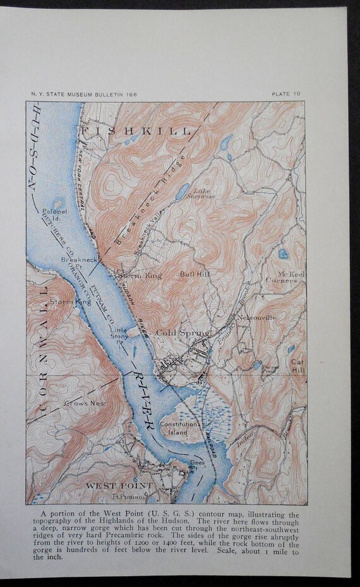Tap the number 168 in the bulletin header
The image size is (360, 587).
tap(131, 94)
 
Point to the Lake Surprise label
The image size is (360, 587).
tap(204, 194)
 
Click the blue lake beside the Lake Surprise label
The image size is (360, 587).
tap(182, 191)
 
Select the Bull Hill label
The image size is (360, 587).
tap(192, 275)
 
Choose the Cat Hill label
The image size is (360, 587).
tap(297, 365)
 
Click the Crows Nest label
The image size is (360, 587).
tap(85, 402)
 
